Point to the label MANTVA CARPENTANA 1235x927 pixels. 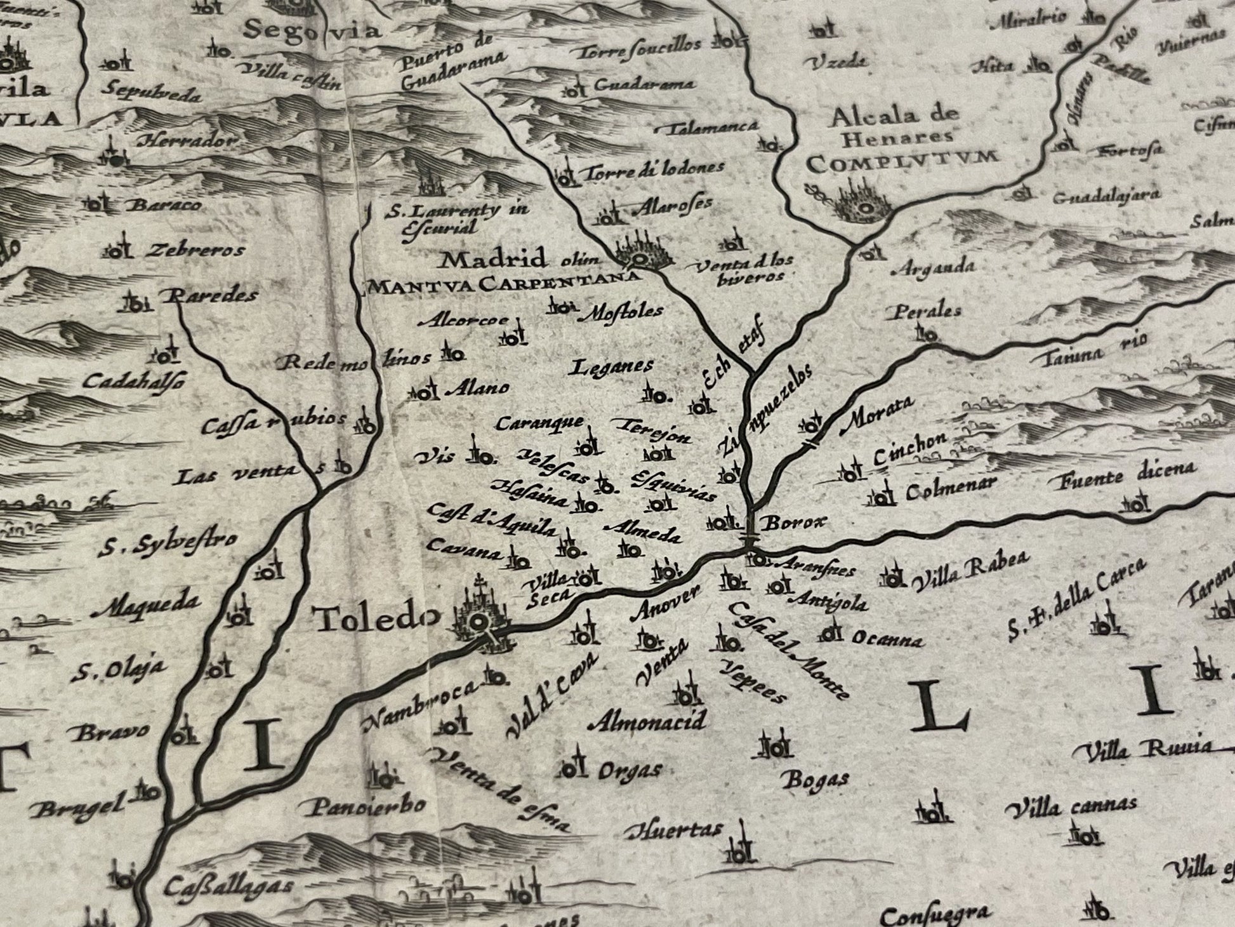click(501, 285)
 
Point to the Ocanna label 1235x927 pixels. click(887, 639)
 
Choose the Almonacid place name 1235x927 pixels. click(647, 721)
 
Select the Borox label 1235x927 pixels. click(795, 523)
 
